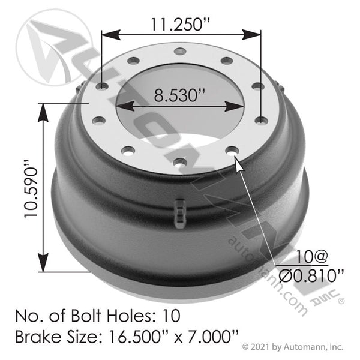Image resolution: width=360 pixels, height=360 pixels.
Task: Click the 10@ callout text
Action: pyautogui.click(x=311, y=257)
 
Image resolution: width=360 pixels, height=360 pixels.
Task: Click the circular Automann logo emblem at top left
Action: pyautogui.click(x=47, y=46)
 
